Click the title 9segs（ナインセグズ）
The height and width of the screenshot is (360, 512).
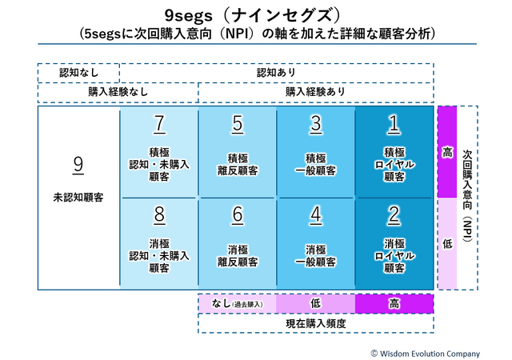tap(256, 15)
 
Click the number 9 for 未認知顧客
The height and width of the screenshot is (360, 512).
tap(78, 164)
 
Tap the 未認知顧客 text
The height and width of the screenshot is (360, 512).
tap(78, 196)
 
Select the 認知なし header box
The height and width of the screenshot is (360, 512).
tap(78, 73)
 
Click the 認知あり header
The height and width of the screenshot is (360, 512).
tap(276, 73)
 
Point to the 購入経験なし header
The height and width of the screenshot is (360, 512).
tap(118, 92)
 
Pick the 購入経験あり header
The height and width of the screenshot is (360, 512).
tap(315, 92)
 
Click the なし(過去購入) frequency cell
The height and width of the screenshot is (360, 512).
tap(237, 303)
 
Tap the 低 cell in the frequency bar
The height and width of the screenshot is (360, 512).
tap(315, 303)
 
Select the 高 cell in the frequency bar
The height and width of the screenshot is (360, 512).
tap(394, 303)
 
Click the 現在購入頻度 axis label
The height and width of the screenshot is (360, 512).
tap(315, 322)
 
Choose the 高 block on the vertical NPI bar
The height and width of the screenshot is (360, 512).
tap(446, 152)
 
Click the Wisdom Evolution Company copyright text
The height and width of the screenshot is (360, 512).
tap(425, 353)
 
